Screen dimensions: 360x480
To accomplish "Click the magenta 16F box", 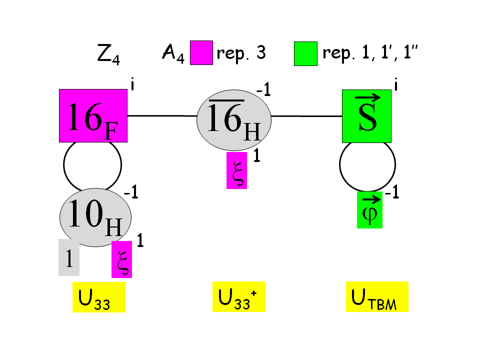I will pyautogui.click(x=93, y=115).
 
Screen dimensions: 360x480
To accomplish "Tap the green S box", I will pyautogui.click(x=366, y=115).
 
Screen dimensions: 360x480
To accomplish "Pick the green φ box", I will pyautogui.click(x=369, y=210).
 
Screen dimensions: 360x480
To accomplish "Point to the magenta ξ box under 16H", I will pyautogui.click(x=236, y=170).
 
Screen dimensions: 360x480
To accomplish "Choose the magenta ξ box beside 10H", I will pyautogui.click(x=121, y=259).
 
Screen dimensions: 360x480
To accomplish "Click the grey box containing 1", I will pyautogui.click(x=69, y=257).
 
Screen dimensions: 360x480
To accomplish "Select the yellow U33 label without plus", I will pyautogui.click(x=98, y=297).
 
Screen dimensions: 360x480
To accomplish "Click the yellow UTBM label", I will pyautogui.click(x=377, y=296).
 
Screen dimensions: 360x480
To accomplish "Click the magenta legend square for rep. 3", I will pyautogui.click(x=201, y=53).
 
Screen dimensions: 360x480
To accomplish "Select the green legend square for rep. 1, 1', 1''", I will pyautogui.click(x=305, y=53).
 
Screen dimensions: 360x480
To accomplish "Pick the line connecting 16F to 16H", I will pyautogui.click(x=161, y=116).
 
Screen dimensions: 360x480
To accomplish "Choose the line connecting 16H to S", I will pyautogui.click(x=306, y=116).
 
